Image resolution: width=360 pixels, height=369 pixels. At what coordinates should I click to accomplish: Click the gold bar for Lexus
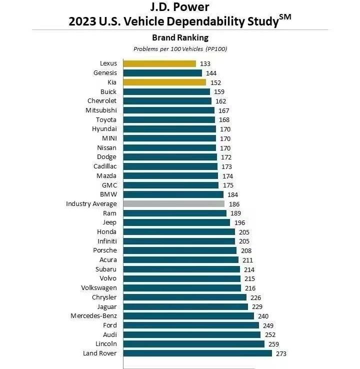pyautogui.click(x=159, y=63)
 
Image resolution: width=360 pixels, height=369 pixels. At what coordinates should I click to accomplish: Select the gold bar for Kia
pyautogui.click(x=164, y=82)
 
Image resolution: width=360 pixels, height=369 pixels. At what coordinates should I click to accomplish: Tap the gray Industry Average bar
pyautogui.click(x=173, y=204)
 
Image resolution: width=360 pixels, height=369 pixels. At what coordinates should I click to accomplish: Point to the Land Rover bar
pyautogui.click(x=197, y=353)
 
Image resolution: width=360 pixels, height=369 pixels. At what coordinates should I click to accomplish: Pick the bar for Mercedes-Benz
pyautogui.click(x=188, y=316)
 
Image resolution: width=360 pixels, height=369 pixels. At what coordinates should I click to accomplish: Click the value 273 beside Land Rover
pyautogui.click(x=281, y=353)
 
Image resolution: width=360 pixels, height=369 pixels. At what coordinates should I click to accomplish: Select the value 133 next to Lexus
pyautogui.click(x=205, y=63)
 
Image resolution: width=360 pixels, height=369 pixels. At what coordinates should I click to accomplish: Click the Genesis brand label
pyautogui.click(x=105, y=73)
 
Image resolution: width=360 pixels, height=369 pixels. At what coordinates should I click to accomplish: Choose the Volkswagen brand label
pyautogui.click(x=99, y=288)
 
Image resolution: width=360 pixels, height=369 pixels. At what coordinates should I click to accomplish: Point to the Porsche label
pyautogui.click(x=104, y=250)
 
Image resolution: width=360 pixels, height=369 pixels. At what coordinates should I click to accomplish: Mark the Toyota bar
pyautogui.click(x=169, y=120)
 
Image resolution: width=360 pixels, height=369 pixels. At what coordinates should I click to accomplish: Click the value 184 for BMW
pyautogui.click(x=232, y=194)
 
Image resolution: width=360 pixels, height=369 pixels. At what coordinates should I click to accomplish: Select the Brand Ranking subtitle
pyautogui.click(x=180, y=37)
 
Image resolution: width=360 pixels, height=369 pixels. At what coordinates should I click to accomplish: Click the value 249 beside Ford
pyautogui.click(x=268, y=325)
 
